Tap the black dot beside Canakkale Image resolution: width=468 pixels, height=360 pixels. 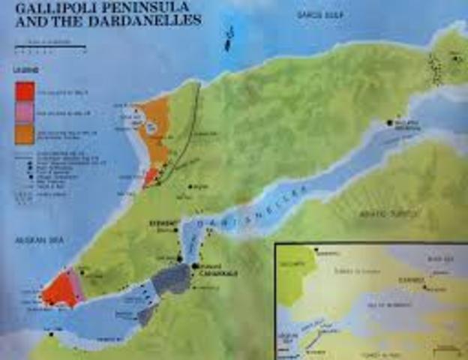[x=195, y=266]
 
